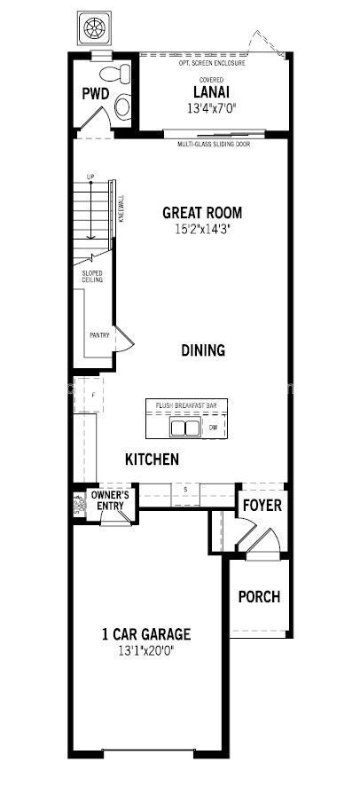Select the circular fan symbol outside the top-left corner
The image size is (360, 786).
tap(93, 28)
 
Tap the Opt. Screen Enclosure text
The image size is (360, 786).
tap(213, 64)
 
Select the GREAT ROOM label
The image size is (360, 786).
tap(201, 213)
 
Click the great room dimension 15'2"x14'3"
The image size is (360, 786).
tap(201, 230)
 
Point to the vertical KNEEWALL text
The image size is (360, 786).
tap(121, 206)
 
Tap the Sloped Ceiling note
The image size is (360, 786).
tap(93, 277)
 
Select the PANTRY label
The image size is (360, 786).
tap(99, 335)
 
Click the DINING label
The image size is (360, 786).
tap(203, 350)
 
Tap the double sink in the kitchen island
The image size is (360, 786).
tap(184, 428)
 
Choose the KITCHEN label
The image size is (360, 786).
tap(152, 460)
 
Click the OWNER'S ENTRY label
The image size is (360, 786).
tap(111, 500)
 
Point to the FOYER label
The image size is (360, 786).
tap(262, 506)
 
